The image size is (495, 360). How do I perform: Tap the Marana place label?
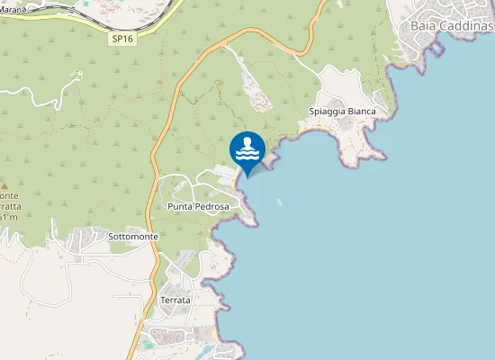[x=13, y=10]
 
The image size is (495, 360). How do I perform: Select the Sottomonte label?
[x=132, y=237]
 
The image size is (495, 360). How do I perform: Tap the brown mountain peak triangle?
[x=4, y=184]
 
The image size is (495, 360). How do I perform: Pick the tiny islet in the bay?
[x=280, y=202]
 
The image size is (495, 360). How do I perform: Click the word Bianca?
[x=370, y=112]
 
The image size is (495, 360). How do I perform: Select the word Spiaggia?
[x=329, y=112]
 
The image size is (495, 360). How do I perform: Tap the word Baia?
[x=424, y=25]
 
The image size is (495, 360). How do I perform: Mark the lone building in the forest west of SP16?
[x=77, y=74]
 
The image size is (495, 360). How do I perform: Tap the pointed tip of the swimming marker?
[x=247, y=177]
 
